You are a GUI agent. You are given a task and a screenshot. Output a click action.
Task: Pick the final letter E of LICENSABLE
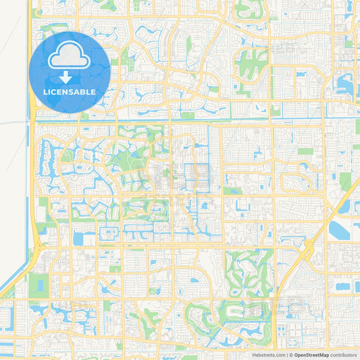(93, 91)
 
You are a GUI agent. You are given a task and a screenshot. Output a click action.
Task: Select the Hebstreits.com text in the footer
(268, 354)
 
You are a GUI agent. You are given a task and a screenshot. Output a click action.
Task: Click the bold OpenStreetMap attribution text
(311, 354)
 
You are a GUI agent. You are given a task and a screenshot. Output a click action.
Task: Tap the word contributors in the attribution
(343, 354)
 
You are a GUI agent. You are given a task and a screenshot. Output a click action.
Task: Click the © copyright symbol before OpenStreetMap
(290, 354)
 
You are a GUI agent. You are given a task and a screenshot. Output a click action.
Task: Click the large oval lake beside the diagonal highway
(338, 230)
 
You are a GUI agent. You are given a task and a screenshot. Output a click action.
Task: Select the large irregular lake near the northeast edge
(345, 84)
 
